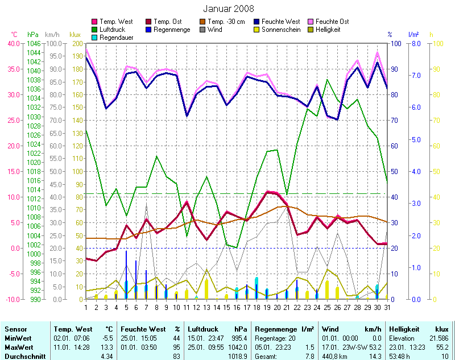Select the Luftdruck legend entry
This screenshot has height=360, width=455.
111,30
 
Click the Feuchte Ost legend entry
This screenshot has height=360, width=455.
332,22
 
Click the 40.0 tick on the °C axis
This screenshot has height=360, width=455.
13,43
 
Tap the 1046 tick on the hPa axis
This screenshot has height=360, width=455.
34,43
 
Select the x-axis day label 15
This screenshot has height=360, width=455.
227,307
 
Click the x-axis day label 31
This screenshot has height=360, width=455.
388,307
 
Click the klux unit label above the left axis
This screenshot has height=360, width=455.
75,35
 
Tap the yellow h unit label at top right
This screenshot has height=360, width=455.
431,35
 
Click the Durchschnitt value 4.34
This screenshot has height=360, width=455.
106,356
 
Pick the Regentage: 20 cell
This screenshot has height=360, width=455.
275,337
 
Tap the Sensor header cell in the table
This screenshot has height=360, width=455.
16,329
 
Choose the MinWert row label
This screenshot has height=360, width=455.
18,337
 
